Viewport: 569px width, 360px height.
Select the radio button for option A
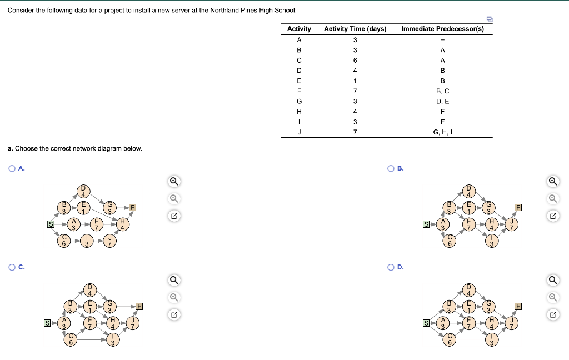(x=12, y=168)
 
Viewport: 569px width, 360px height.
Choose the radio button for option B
(x=392, y=168)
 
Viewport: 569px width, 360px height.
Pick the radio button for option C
(x=12, y=267)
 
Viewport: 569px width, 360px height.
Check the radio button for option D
(x=392, y=267)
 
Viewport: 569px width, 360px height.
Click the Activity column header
(x=299, y=29)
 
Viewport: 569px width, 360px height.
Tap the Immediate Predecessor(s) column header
(x=442, y=29)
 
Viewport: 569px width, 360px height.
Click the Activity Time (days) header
(x=355, y=29)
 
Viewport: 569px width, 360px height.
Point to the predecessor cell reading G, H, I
(x=442, y=132)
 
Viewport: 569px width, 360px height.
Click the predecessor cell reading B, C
(x=442, y=91)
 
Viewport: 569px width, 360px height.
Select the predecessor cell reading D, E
(x=442, y=101)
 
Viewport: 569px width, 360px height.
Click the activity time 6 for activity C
(x=355, y=60)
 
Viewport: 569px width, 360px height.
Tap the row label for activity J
(x=299, y=132)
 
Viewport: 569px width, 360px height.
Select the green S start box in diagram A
(x=51, y=224)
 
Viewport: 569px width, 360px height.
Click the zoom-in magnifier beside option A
(x=174, y=181)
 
